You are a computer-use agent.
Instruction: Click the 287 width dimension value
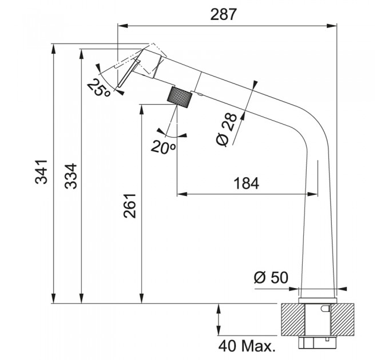224,14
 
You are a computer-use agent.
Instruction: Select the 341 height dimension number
41,171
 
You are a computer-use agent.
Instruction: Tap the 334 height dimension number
71,176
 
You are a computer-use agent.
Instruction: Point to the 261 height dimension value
130,206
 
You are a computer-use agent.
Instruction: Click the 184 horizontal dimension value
247,183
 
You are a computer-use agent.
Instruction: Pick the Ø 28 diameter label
227,130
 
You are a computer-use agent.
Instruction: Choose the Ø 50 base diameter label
271,277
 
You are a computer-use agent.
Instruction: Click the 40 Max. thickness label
247,346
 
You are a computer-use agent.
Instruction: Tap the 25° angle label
99,87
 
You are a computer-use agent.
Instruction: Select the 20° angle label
164,147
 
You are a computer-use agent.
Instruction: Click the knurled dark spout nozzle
180,97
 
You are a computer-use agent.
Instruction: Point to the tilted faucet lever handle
129,73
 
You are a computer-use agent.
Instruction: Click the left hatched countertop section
293,319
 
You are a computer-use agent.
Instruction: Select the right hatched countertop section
343,319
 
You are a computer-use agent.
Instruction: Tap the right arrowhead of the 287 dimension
332,26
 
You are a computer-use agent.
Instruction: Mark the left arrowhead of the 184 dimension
182,194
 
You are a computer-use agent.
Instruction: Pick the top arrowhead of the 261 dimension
142,109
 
